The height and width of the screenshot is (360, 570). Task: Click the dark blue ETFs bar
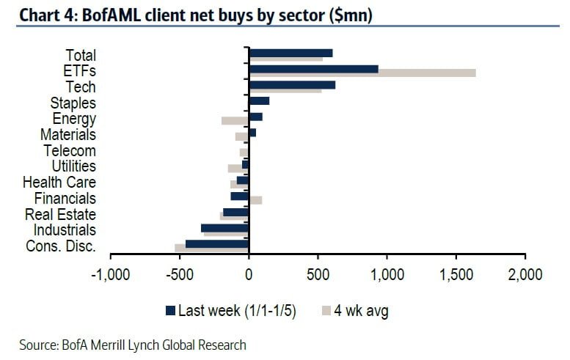click(x=313, y=69)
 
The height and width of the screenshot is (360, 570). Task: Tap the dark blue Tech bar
click(x=292, y=85)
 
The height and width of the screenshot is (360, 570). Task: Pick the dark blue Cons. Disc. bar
click(x=217, y=243)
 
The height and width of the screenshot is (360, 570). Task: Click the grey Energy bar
click(x=235, y=120)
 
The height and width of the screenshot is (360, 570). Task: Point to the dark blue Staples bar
click(x=259, y=101)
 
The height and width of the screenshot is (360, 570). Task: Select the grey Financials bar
click(x=255, y=199)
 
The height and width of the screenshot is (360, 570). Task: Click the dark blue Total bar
click(x=291, y=53)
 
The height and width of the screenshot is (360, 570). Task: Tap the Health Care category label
click(x=59, y=183)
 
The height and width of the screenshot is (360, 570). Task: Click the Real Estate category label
click(x=60, y=215)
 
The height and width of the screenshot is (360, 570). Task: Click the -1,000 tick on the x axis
click(x=110, y=275)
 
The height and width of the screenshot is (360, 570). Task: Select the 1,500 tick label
click(x=456, y=275)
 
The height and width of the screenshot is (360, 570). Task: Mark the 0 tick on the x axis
click(x=249, y=275)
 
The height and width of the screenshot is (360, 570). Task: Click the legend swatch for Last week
click(x=171, y=309)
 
